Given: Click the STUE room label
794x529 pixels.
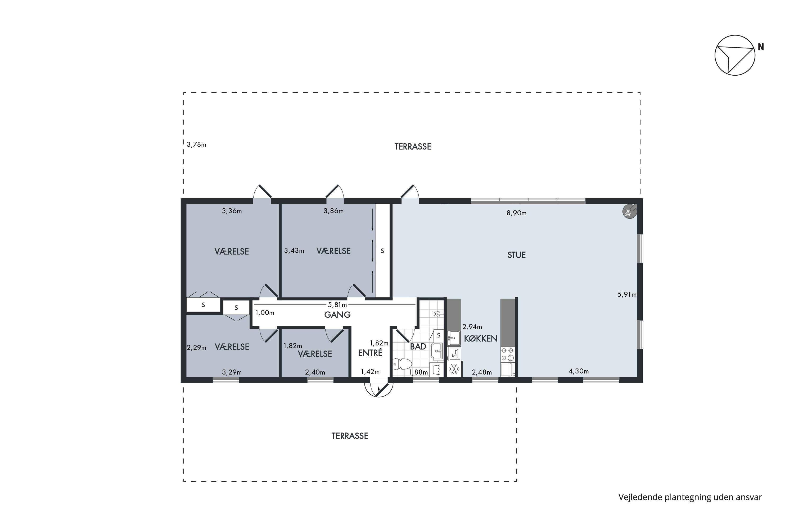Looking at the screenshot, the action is coord(517,255).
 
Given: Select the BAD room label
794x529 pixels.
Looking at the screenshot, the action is coord(418,346).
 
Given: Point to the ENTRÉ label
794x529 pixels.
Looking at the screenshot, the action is coord(370,353).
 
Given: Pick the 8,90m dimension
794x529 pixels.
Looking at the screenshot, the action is coord(517,213).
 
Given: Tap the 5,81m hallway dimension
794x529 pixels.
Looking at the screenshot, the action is coord(337,305).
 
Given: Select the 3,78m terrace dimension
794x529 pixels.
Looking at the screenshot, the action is coord(196,145).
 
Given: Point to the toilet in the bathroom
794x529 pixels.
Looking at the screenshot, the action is coord(402,364).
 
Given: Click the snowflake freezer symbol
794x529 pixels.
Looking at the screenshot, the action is coord(454,369).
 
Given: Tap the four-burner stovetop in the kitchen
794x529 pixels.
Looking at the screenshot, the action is coord(507,354).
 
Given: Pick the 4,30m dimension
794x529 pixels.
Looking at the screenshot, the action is coord(579,371).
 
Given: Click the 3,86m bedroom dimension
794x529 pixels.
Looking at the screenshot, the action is coord(333,211).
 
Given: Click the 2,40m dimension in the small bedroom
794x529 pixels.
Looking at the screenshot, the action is coord(315,372).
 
